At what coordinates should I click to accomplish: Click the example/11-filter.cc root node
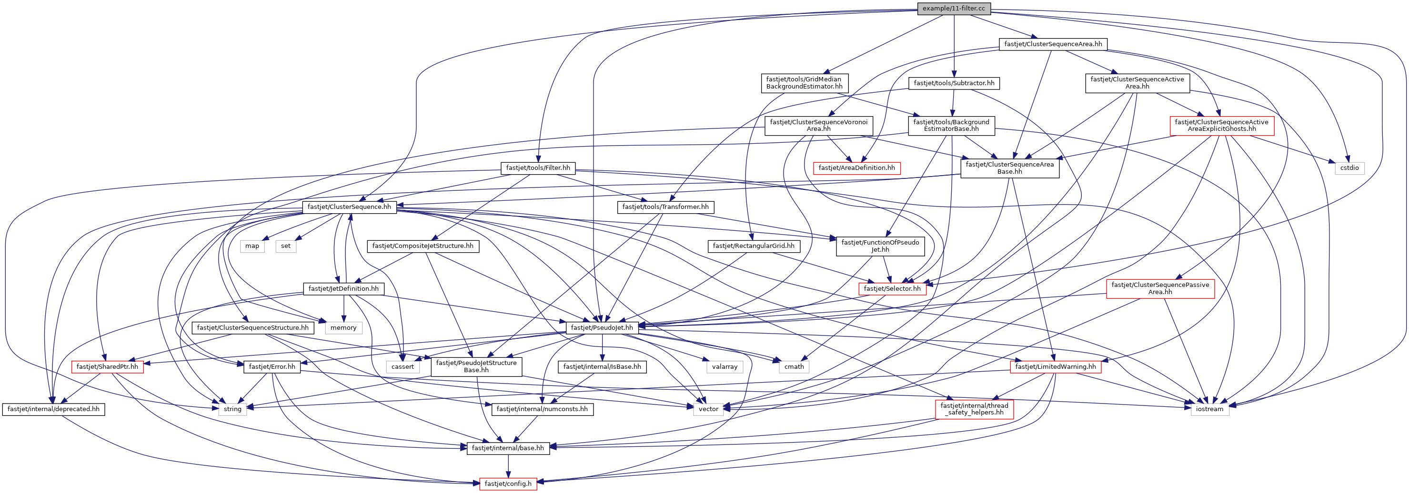point(953,8)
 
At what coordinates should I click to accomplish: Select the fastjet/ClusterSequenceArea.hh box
point(1053,44)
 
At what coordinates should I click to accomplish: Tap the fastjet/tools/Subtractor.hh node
point(954,83)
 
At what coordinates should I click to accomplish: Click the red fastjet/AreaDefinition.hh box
point(856,168)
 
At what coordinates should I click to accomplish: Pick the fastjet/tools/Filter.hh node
point(538,168)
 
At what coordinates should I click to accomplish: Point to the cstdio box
point(1349,168)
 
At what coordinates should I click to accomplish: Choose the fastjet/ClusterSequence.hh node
point(349,207)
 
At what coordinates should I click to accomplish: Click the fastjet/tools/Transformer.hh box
point(665,207)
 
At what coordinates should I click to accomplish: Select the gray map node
point(252,246)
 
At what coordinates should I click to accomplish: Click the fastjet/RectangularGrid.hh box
point(753,246)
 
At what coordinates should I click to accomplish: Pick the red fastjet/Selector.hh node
point(892,288)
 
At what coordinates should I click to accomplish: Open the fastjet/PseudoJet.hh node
point(602,328)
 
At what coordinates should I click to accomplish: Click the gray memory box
point(343,328)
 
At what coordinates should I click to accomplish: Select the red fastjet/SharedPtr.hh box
point(107,367)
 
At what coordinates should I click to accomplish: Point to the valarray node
point(725,367)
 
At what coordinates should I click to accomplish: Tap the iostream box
point(1209,409)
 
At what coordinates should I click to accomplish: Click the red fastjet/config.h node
point(508,483)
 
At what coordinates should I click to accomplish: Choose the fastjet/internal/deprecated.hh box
point(54,409)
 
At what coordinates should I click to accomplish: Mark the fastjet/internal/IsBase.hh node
point(602,367)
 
